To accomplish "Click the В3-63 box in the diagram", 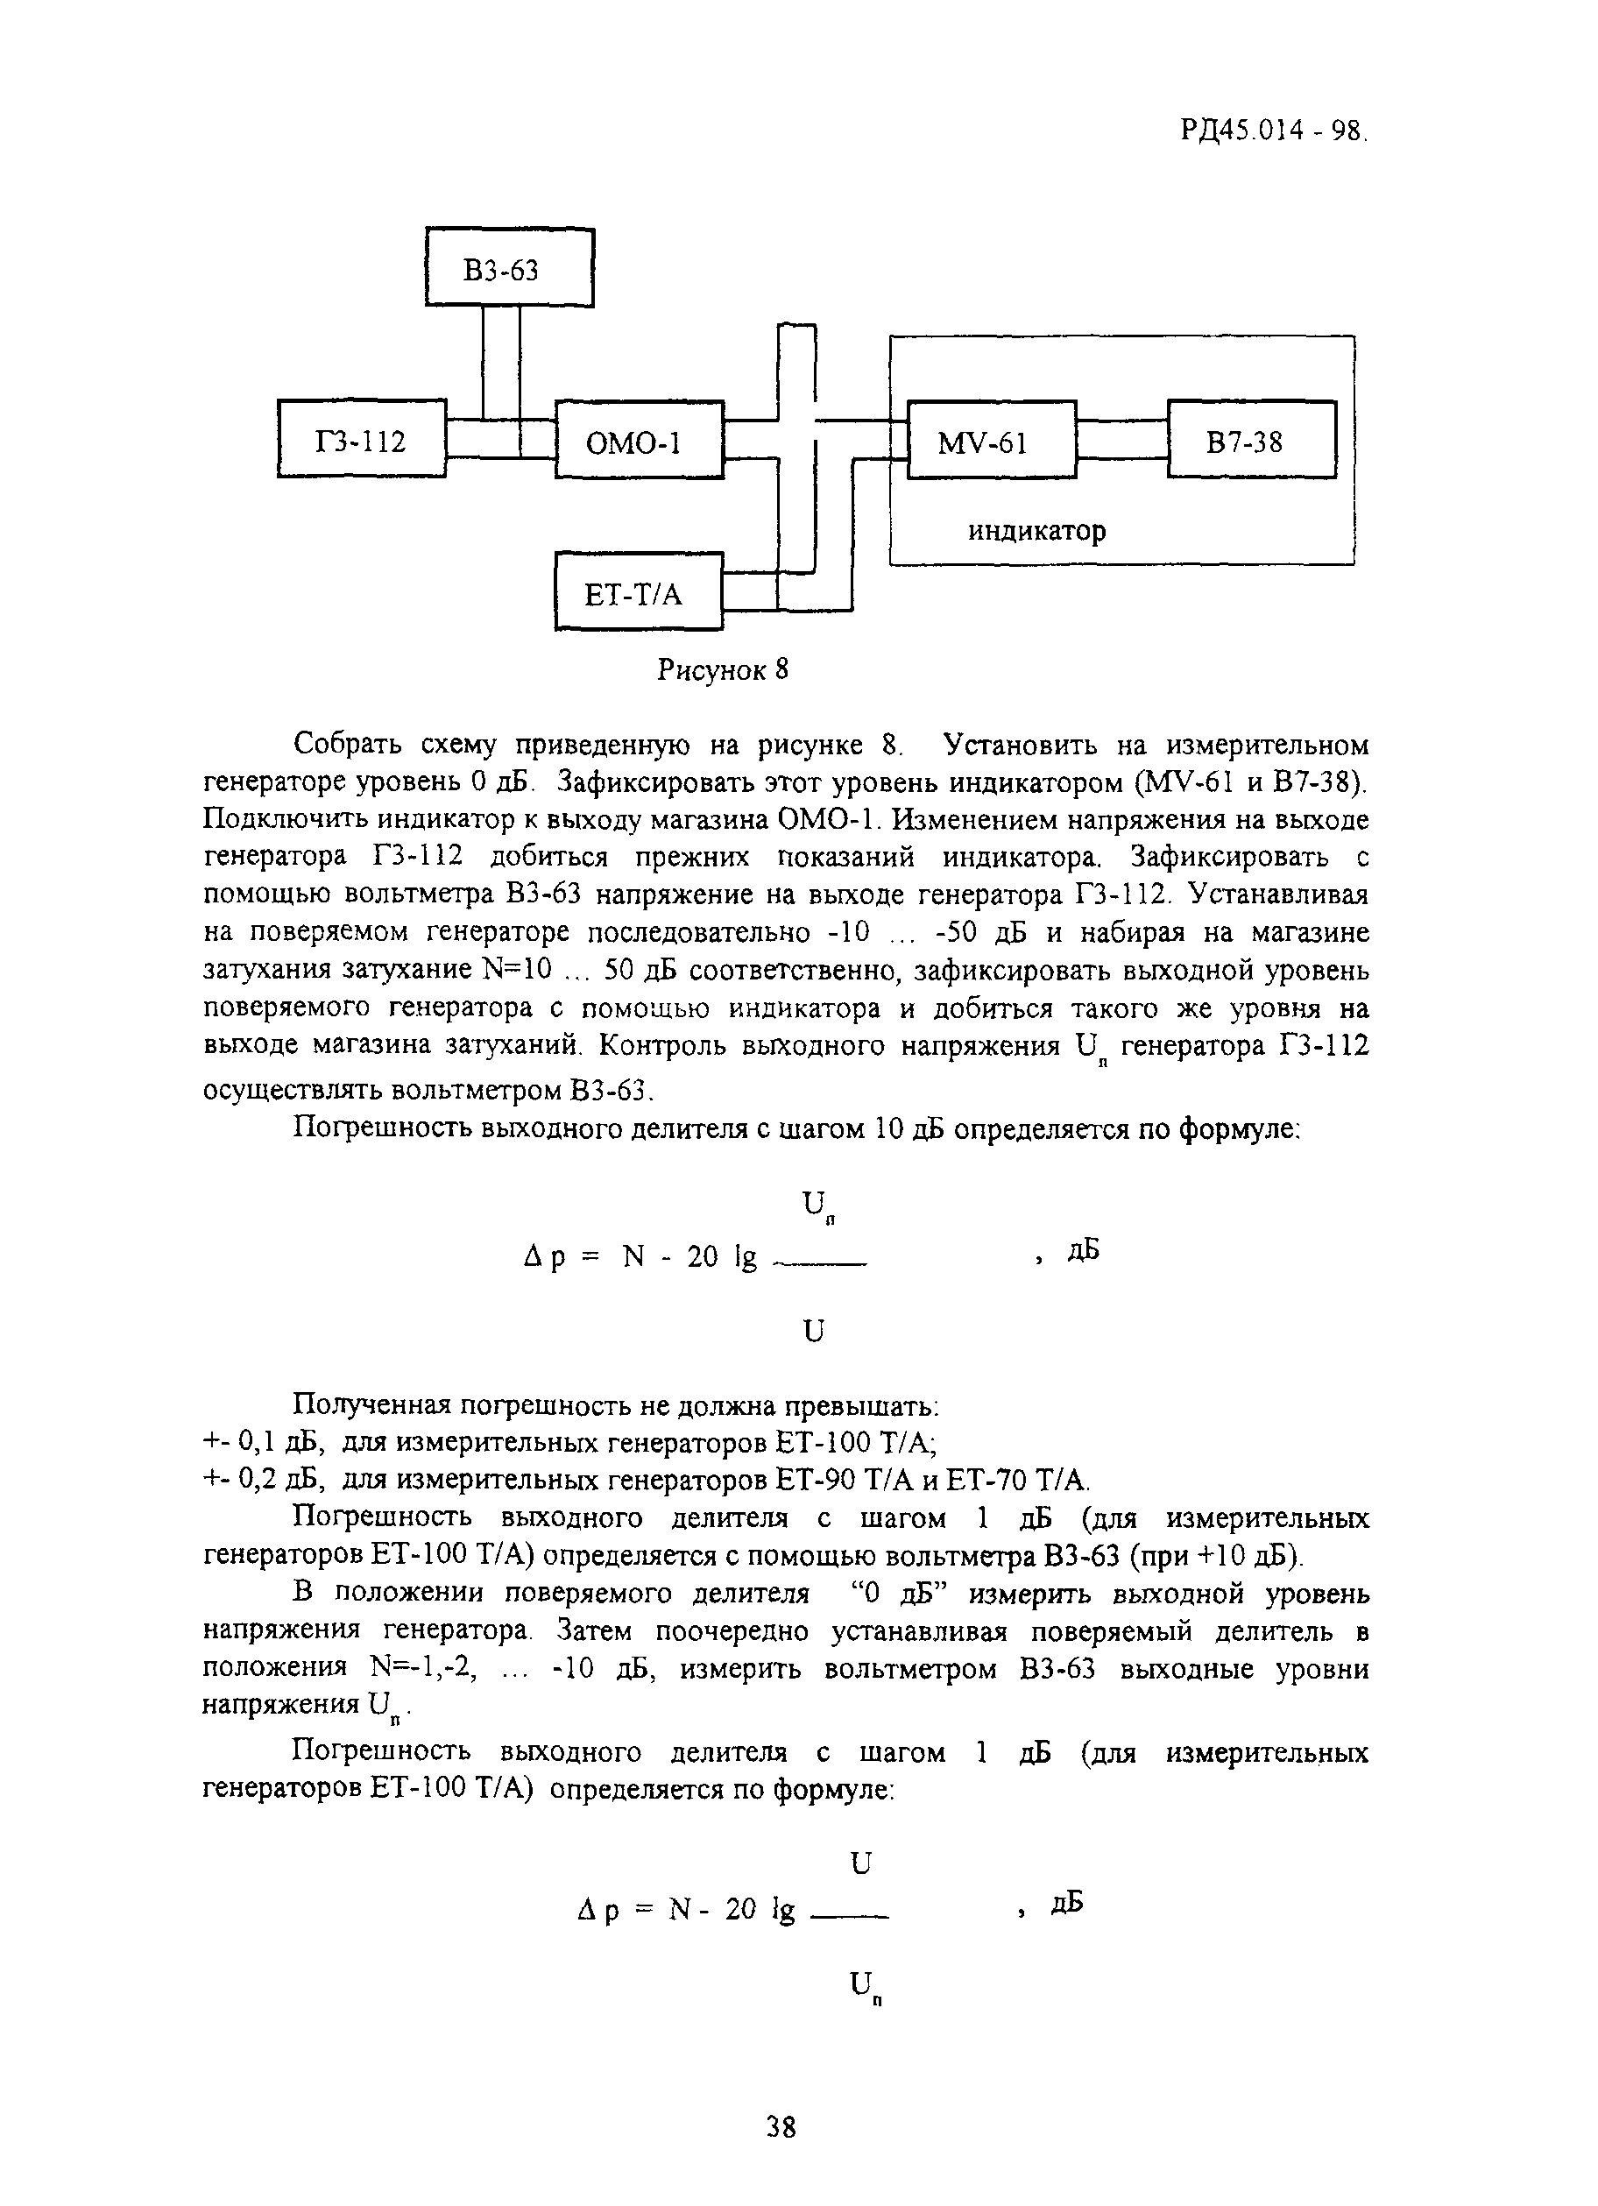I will pos(509,267).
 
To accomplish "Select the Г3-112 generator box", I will pos(362,440).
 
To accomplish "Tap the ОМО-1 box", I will pos(639,441).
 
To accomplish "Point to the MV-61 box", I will pos(991,441).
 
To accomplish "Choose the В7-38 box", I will pos(1252,441).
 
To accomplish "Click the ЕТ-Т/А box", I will pos(639,592).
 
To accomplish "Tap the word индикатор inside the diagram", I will pos(1036,531).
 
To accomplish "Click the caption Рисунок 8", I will pos(722,670).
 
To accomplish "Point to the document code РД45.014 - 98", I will pos(1274,130).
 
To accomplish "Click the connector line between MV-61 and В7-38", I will pos(1122,440).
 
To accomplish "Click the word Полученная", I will pos(369,1405).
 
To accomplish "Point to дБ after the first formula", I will pos(1083,1250).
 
